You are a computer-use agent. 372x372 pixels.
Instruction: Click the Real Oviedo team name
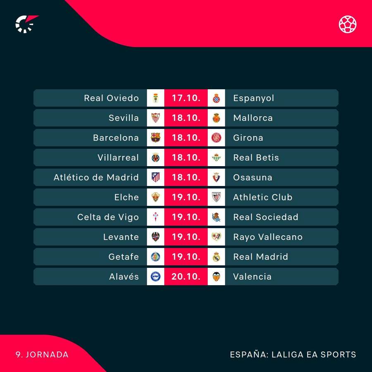pyautogui.click(x=111, y=98)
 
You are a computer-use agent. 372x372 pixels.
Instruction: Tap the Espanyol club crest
pyautogui.click(x=216, y=98)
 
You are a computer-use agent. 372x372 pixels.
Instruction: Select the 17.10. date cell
pyautogui.click(x=186, y=98)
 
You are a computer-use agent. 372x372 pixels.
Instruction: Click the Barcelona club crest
pyautogui.click(x=155, y=138)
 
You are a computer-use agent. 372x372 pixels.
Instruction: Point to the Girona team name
pyautogui.click(x=248, y=138)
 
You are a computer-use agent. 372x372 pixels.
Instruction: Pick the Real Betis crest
pyautogui.click(x=216, y=157)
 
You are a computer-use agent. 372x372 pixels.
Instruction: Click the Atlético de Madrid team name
pyautogui.click(x=96, y=177)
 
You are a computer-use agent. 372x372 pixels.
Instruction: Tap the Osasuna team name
pyautogui.click(x=253, y=177)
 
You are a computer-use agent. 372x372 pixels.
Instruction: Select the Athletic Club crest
pyautogui.click(x=216, y=197)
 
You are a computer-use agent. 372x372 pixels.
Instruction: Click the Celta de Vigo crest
pyautogui.click(x=155, y=217)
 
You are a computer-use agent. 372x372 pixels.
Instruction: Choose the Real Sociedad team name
pyautogui.click(x=265, y=217)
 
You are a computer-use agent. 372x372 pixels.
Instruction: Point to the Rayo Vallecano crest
pyautogui.click(x=216, y=237)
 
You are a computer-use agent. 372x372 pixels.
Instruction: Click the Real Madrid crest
pyautogui.click(x=216, y=257)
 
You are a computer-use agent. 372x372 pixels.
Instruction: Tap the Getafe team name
pyautogui.click(x=124, y=257)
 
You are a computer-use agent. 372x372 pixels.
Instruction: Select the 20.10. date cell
pyautogui.click(x=186, y=277)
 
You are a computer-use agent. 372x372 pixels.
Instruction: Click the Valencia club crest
pyautogui.click(x=216, y=277)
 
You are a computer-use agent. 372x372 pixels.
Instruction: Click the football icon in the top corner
pyautogui.click(x=348, y=24)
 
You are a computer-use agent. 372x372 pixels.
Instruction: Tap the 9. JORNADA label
pyautogui.click(x=42, y=355)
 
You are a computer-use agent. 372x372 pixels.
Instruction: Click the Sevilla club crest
pyautogui.click(x=155, y=118)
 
